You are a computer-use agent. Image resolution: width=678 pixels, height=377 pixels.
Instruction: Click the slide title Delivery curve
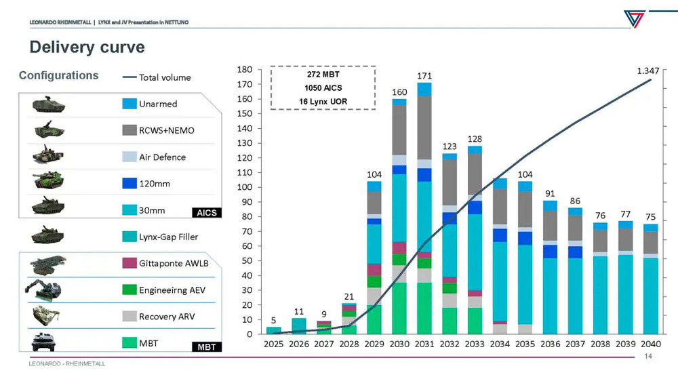click(87, 47)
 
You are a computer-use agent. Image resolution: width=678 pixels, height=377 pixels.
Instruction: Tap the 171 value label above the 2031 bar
click(424, 75)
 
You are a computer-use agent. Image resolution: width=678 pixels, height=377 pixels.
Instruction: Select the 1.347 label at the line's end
click(650, 71)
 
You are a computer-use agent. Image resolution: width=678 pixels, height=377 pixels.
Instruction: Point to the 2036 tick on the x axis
click(550, 345)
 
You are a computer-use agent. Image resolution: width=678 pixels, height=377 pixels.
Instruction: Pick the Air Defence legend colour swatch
click(130, 157)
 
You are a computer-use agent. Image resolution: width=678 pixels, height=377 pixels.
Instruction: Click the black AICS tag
click(206, 213)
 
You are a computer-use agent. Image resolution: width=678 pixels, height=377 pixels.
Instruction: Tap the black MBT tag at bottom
click(206, 347)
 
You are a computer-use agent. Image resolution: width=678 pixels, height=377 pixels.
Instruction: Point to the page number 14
click(648, 357)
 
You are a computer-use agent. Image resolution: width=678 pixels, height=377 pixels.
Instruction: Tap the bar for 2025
click(273, 330)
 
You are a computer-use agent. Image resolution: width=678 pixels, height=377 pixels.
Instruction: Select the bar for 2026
click(299, 326)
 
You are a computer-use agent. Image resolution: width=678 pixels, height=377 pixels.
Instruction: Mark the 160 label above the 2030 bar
click(399, 92)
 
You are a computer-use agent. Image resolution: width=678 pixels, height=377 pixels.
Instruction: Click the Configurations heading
click(58, 75)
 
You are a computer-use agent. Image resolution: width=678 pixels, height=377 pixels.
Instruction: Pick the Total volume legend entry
click(157, 77)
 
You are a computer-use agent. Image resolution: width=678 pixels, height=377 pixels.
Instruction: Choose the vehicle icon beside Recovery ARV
click(48, 316)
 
